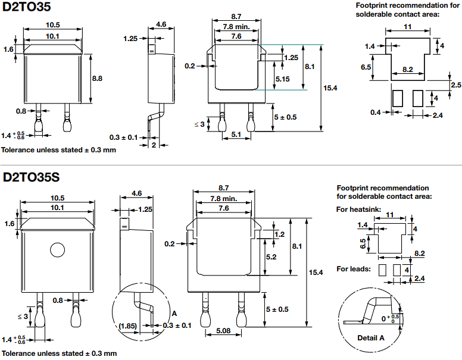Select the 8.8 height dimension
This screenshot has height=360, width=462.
97,78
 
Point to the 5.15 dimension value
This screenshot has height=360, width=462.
282,79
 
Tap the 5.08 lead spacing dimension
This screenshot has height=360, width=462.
224,331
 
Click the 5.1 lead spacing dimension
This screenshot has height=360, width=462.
235,134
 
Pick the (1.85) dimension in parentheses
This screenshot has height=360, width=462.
129,325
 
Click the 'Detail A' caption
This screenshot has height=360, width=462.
370,338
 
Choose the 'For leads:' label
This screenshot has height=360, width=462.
354,269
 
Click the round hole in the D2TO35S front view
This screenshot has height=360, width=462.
57,249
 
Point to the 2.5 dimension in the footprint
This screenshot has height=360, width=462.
455,85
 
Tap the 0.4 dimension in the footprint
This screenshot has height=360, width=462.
375,112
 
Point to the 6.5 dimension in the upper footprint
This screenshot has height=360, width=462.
366,67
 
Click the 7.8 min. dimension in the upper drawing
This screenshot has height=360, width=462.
236,27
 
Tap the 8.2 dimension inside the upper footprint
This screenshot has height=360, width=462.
407,70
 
